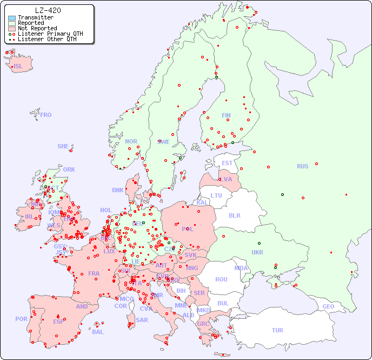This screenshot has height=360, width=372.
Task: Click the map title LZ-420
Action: pyautogui.click(x=48, y=10)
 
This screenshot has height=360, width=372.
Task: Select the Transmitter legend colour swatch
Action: pyautogui.click(x=12, y=18)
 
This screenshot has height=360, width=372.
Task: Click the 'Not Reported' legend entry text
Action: pyautogui.click(x=37, y=28)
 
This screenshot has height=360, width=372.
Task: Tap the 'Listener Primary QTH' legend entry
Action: pyautogui.click(x=46, y=34)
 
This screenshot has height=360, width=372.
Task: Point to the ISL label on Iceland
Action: pyautogui.click(x=18, y=67)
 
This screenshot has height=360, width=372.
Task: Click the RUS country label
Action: pyautogui.click(x=302, y=166)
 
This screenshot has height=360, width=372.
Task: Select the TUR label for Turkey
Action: pyautogui.click(x=277, y=330)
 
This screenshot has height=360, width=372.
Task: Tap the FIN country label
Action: pyautogui.click(x=226, y=115)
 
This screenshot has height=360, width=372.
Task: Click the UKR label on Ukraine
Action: pyautogui.click(x=257, y=252)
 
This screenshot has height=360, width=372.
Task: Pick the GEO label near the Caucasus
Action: pyautogui.click(x=328, y=306)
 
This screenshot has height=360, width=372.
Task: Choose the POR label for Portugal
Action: pyautogui.click(x=21, y=319)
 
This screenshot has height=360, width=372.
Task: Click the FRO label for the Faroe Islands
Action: pyautogui.click(x=46, y=115)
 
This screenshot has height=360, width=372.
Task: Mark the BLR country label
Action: pyautogui.click(x=235, y=215)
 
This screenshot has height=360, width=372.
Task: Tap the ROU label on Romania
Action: pyautogui.click(x=221, y=279)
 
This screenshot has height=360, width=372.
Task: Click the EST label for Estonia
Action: pyautogui.click(x=227, y=163)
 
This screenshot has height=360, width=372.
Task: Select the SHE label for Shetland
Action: pyautogui.click(x=63, y=146)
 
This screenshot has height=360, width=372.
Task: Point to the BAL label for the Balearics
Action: pyautogui.click(x=98, y=332)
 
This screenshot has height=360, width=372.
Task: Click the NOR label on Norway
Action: pyautogui.click(x=131, y=141)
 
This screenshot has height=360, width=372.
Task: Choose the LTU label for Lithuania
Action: pyautogui.click(x=216, y=195)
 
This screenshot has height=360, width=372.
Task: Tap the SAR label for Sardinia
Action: pyautogui.click(x=142, y=320)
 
